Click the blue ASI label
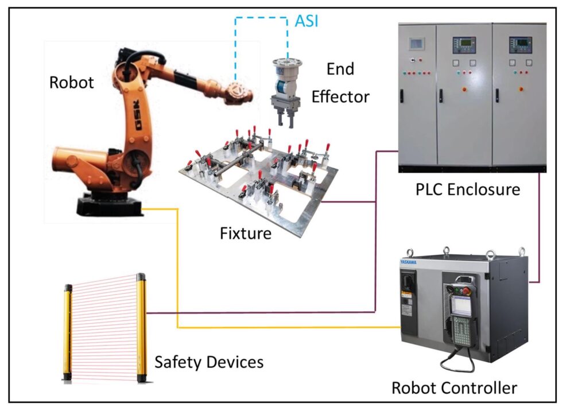(307, 21)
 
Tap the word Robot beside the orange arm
(71, 82)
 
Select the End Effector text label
(340, 83)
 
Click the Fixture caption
(246, 233)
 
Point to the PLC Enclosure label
(467, 189)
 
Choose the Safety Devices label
(209, 362)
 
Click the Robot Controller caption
(454, 388)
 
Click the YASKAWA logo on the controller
(408, 262)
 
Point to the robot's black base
(108, 205)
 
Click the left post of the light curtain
(67, 333)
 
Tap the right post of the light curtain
(141, 328)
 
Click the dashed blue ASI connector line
(261, 17)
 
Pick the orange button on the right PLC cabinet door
(521, 89)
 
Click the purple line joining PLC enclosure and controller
(540, 227)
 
